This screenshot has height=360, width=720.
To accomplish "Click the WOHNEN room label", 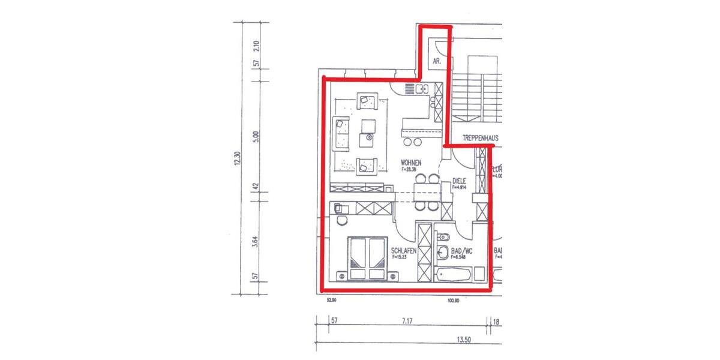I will click(411, 163).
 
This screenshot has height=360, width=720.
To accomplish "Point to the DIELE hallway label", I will click(459, 180).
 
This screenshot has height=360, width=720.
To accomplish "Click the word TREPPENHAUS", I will click(480, 138).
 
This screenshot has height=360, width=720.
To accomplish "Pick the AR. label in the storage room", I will click(437, 61).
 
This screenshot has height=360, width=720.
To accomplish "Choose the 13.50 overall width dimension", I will click(463, 340).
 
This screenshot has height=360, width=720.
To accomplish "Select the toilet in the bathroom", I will click(444, 236).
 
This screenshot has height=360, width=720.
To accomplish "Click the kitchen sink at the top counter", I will click(421, 90).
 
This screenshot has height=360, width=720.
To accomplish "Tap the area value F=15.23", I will click(400, 257).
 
